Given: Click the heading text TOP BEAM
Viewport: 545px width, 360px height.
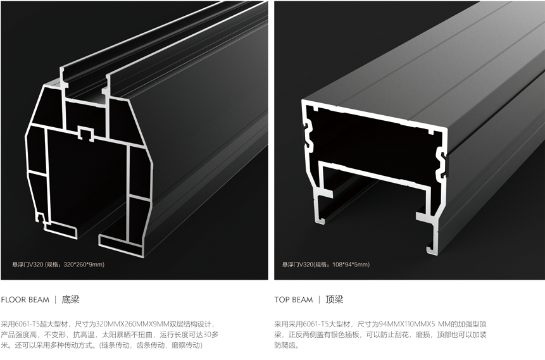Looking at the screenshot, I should click(294, 300).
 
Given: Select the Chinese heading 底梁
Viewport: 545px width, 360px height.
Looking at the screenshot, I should click(71, 299).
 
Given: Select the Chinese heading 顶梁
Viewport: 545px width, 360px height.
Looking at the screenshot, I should click(335, 299).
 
